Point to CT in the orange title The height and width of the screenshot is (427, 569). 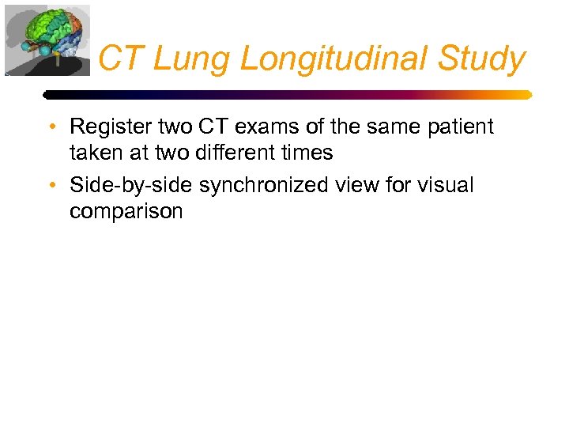122,59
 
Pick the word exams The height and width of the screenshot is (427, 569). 262,127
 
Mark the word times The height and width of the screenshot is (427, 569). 305,153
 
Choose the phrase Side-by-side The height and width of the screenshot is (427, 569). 131,186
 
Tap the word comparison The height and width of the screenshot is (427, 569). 126,212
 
